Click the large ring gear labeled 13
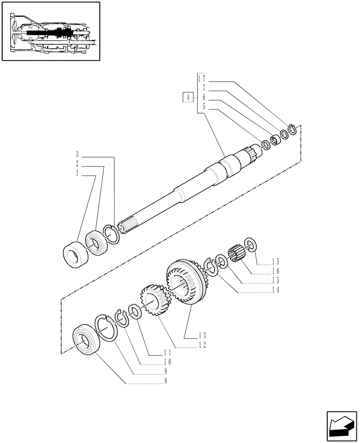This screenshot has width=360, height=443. click(185, 283)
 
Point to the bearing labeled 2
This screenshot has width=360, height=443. click(96, 242)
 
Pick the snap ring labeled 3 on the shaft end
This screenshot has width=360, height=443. click(111, 234)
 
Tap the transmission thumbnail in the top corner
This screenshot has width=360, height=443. click(50, 31)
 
